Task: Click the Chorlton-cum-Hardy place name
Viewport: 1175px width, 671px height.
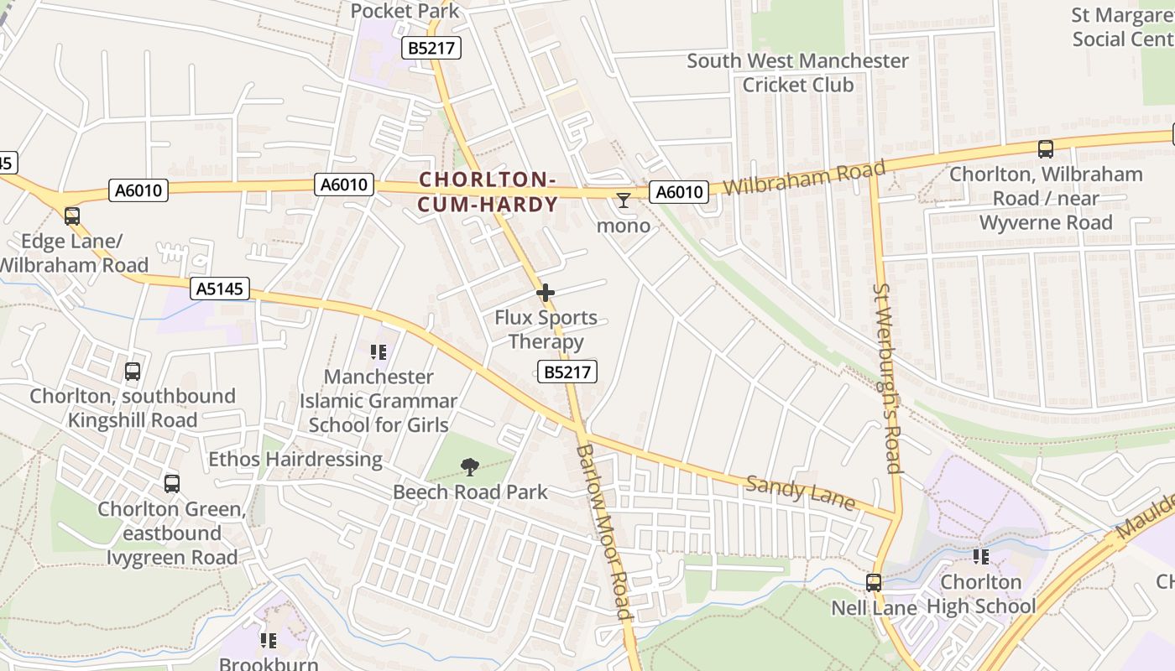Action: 488,192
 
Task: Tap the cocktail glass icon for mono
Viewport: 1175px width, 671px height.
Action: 623,200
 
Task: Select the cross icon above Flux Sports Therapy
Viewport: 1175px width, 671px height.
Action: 546,293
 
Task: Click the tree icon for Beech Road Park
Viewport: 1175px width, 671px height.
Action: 470,467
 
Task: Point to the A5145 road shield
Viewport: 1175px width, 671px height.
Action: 220,289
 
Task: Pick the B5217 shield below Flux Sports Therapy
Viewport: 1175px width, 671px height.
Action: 567,372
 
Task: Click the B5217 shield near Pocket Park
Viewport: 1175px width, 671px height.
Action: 431,48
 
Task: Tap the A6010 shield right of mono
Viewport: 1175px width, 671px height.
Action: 679,192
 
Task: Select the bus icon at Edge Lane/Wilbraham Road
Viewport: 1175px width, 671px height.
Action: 72,216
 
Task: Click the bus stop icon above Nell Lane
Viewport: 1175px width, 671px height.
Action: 874,582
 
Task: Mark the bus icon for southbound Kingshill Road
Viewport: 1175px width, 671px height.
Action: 133,372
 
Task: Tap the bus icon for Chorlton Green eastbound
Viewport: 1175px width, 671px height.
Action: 172,484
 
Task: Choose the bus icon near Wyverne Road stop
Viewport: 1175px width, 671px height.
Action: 1045,149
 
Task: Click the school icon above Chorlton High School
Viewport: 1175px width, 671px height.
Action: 980,556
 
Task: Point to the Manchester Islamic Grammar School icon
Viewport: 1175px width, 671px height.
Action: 379,352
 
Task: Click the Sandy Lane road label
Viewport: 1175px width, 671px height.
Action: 800,493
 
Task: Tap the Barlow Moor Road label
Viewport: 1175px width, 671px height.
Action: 603,532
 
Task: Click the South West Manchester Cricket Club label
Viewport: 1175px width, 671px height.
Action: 797,73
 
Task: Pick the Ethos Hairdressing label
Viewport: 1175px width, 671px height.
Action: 295,459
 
